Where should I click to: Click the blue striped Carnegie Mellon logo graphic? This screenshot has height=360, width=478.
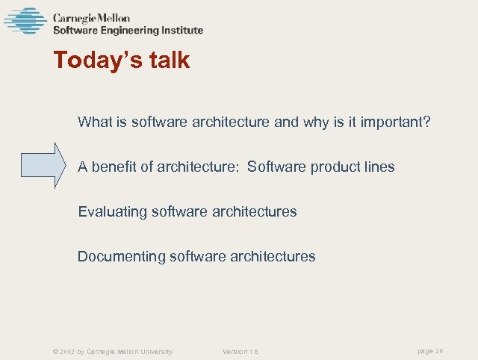pos(25,21)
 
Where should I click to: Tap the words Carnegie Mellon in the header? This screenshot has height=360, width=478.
pos(91,18)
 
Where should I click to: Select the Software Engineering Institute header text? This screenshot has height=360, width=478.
pos(128,31)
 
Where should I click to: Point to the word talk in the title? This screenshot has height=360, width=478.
pos(167,60)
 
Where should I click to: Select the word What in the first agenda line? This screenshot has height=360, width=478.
pos(95,122)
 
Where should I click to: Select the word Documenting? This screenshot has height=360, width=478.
pos(122,256)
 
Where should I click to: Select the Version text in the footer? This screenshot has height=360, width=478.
pos(240,352)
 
